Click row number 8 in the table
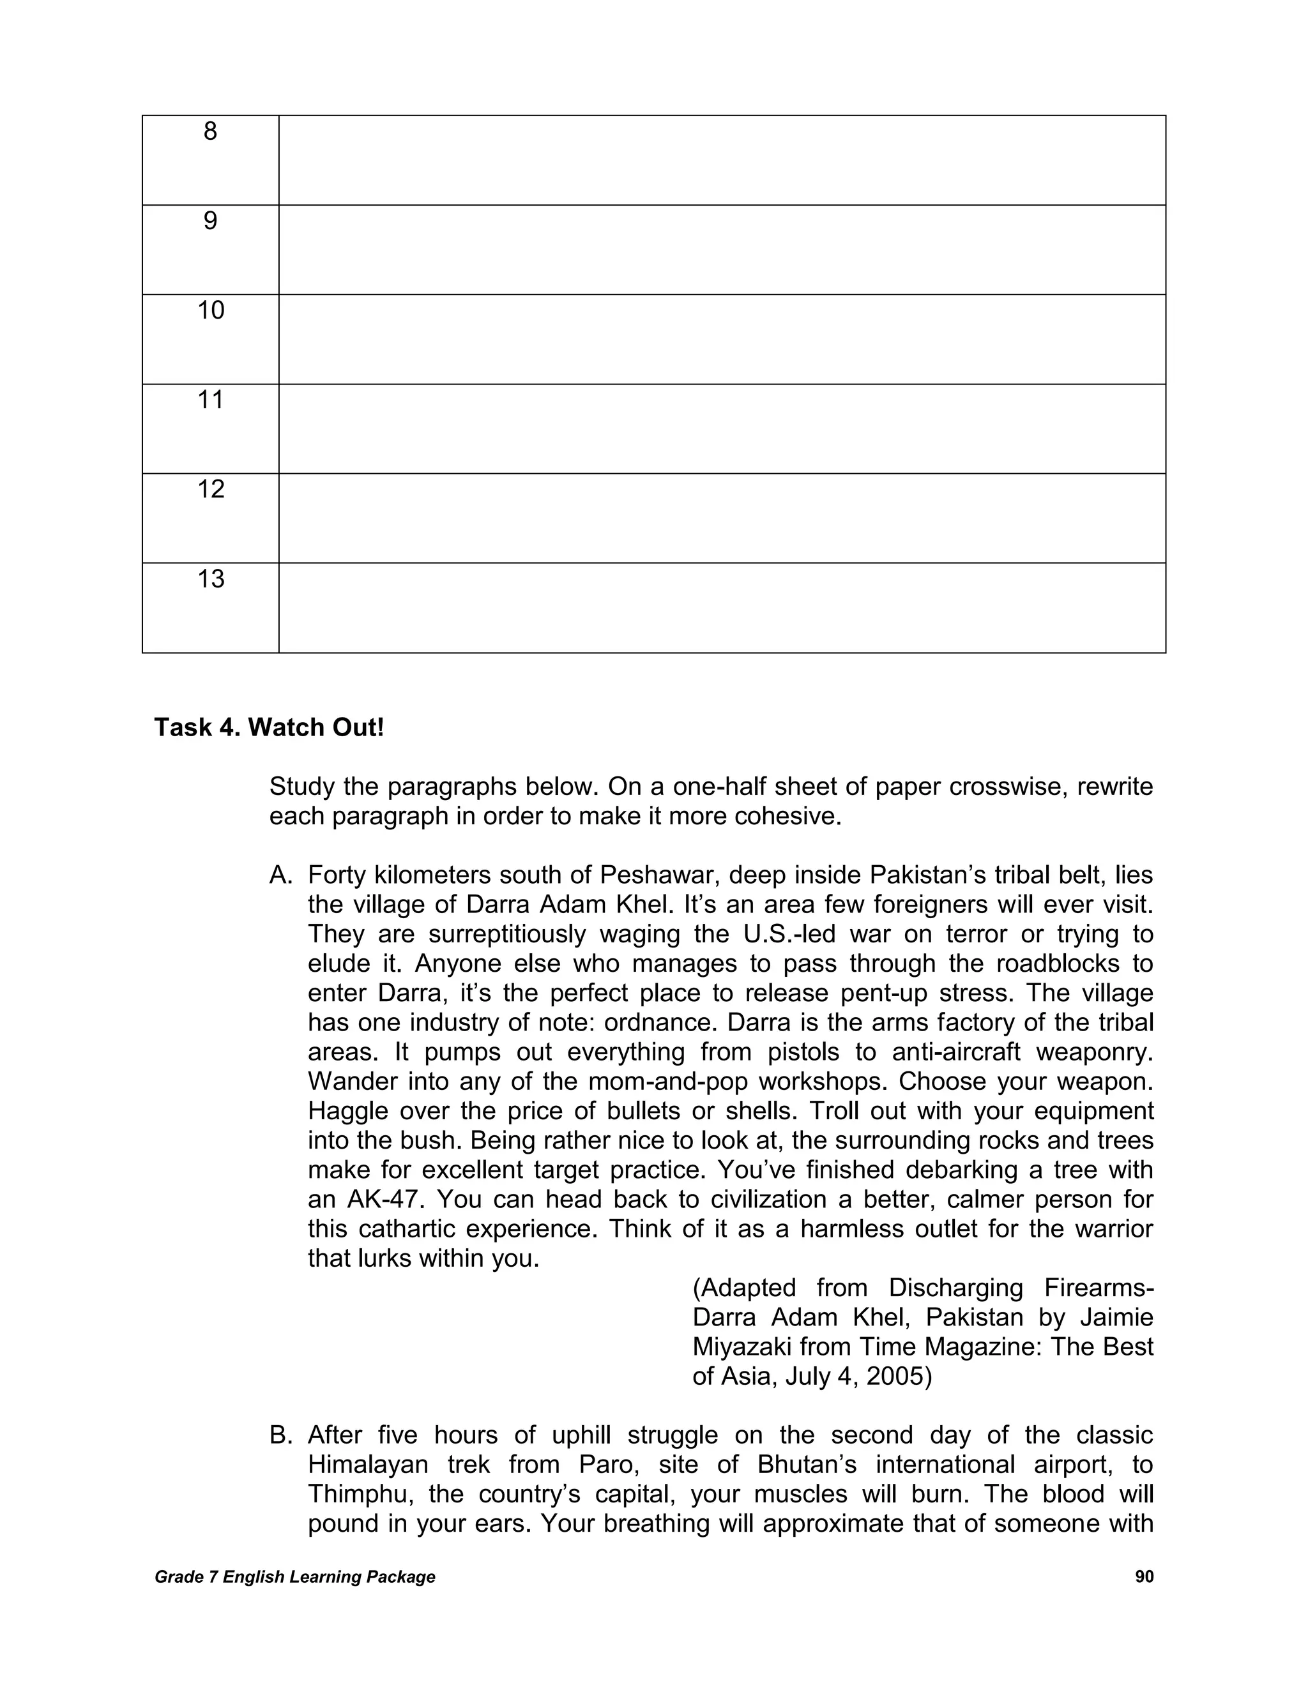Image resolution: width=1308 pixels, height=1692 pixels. tap(210, 132)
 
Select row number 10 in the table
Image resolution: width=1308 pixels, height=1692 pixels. tap(210, 311)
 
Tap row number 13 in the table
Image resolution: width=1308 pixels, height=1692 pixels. tap(210, 578)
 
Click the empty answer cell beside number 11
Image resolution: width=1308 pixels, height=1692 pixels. tap(722, 428)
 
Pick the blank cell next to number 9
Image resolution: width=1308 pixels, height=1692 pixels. tap(722, 250)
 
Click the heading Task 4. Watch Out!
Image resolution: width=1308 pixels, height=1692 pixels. tap(269, 727)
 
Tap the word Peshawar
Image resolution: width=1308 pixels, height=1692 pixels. tap(657, 875)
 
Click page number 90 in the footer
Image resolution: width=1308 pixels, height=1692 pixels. tap(1144, 1577)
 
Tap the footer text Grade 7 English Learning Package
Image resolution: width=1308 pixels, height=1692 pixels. tap(294, 1577)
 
